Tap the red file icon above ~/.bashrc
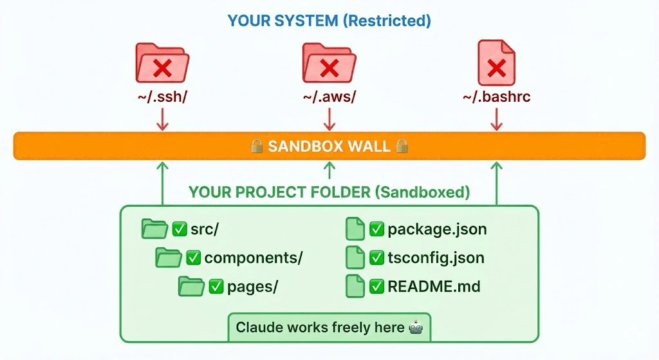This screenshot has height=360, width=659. [496, 64]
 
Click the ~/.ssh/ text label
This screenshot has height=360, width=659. [163, 97]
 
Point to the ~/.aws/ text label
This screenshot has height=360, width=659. [329, 97]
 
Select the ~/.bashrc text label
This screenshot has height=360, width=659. [496, 97]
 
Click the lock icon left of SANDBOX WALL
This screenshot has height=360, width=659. [256, 146]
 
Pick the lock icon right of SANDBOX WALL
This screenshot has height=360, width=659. [402, 146]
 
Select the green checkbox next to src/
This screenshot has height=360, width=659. [179, 229]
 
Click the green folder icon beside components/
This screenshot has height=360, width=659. [169, 258]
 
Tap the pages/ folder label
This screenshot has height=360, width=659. [252, 287]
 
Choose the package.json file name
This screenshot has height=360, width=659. [437, 229]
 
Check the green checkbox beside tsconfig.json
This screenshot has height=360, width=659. [376, 258]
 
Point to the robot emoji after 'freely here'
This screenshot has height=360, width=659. [416, 327]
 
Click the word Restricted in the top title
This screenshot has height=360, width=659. [386, 21]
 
